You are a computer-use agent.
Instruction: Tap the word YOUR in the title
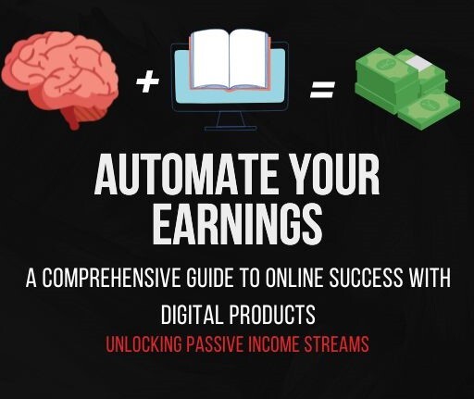point(332,174)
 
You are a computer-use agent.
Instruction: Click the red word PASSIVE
point(219,343)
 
